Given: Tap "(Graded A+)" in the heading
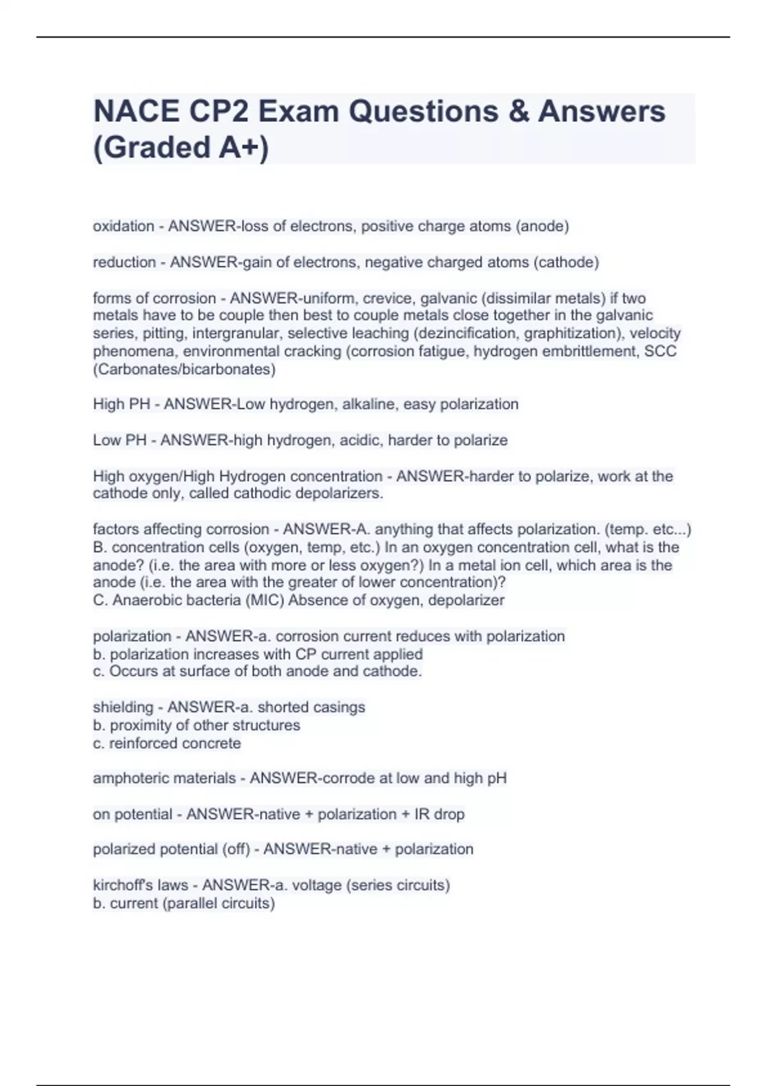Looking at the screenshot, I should pos(181,148).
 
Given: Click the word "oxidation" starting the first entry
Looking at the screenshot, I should pos(123,226).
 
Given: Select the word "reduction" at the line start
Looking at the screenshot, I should pos(124,262).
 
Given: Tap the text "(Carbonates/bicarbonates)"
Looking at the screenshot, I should pos(184,369).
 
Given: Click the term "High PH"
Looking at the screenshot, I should pos(121,404).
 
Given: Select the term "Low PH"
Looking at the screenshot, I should pos(120,440).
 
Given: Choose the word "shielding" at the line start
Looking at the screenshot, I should pos(123,707).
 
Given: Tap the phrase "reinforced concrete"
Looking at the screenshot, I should pos(174,744).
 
